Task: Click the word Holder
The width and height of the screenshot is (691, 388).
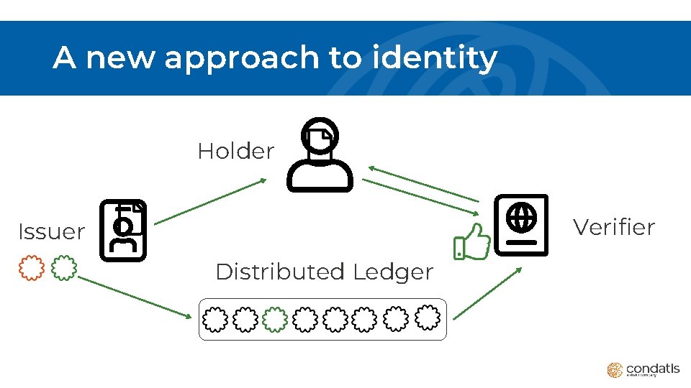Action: (x=235, y=152)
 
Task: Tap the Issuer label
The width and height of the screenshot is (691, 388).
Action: (x=51, y=232)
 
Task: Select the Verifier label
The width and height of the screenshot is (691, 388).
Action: (x=613, y=228)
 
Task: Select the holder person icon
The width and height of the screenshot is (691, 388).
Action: (x=320, y=155)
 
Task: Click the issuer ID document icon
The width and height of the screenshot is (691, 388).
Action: (x=122, y=230)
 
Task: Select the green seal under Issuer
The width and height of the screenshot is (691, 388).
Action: (x=66, y=267)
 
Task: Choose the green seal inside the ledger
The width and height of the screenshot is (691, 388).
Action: (x=274, y=319)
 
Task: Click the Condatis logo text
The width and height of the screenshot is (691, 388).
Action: (x=652, y=369)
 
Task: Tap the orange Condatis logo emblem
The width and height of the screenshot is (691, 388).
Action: (x=614, y=370)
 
